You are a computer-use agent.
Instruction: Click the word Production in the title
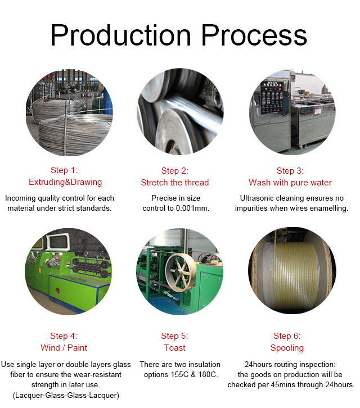click(121, 35)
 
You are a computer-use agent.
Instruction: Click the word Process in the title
click(254, 35)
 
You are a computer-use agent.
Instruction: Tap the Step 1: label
click(64, 170)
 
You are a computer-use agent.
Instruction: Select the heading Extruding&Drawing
click(65, 182)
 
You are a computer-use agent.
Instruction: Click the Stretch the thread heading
click(175, 183)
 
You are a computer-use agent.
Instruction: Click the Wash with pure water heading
click(290, 183)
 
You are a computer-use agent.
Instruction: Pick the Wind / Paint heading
click(64, 348)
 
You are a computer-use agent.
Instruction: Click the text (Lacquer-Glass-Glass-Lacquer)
click(66, 395)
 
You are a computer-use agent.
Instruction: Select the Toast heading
click(175, 348)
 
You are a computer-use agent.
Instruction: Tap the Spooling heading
click(287, 348)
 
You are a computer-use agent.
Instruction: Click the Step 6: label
click(287, 336)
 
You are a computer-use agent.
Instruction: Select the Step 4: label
click(64, 336)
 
